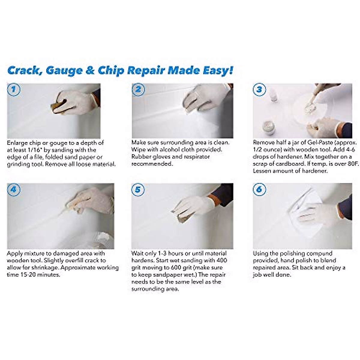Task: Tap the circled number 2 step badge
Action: coord(138,90)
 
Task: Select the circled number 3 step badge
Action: coord(259,89)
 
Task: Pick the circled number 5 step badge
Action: coord(138,190)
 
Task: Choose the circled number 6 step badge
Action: coord(259,190)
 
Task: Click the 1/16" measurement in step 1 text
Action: coord(32,150)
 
